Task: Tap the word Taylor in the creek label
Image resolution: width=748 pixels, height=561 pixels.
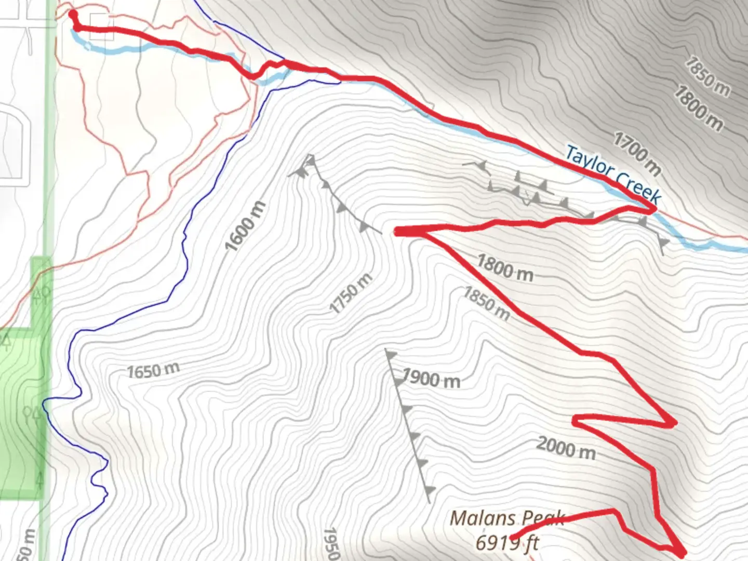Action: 589,161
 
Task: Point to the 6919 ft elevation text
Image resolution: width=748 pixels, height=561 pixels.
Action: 507,543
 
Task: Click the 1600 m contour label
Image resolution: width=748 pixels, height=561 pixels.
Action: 245,225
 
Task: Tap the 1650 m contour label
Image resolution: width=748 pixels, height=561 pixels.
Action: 153,371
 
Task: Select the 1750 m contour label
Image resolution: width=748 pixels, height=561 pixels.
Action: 351,293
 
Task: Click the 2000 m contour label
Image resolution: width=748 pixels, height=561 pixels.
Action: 566,448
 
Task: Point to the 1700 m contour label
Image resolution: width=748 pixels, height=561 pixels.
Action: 637,153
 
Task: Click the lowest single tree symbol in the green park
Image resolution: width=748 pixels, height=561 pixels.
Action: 39,478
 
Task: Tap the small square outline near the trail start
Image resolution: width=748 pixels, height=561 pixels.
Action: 101,21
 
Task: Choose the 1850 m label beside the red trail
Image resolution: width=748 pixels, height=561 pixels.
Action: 486,303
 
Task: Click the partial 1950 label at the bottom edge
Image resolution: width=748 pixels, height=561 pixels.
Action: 331,544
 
